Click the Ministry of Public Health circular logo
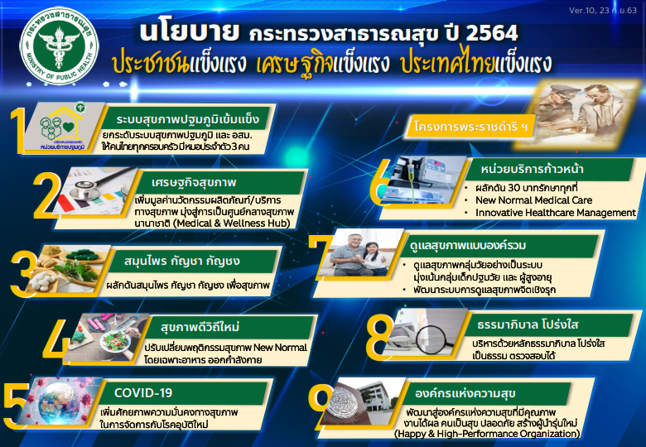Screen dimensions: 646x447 60,46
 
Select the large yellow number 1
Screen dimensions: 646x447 17,131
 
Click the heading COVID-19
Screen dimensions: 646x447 143,393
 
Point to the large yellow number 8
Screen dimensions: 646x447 379,338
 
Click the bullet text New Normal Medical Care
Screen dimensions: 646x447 534,200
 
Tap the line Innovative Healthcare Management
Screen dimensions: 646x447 556,213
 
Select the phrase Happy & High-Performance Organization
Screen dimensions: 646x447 487,434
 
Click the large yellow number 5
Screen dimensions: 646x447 17,406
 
